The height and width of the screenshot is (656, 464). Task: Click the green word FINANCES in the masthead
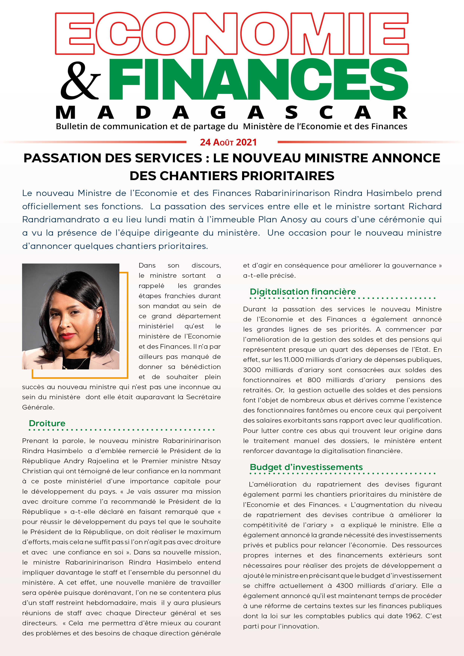(x=258, y=79)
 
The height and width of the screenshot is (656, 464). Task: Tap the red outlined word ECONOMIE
(x=232, y=33)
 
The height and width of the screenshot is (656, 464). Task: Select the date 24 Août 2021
(x=228, y=142)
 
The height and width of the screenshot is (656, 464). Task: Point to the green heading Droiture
(x=47, y=423)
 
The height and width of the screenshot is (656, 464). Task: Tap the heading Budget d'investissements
(x=306, y=467)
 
